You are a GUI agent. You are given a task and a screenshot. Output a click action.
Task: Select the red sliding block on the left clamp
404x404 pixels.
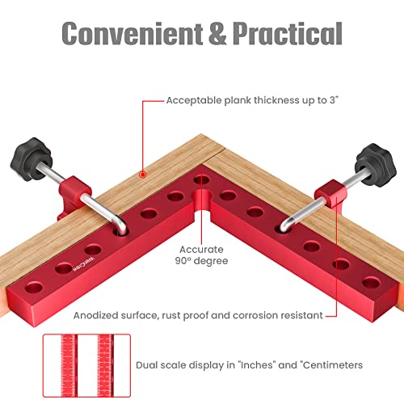pos(72,193)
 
